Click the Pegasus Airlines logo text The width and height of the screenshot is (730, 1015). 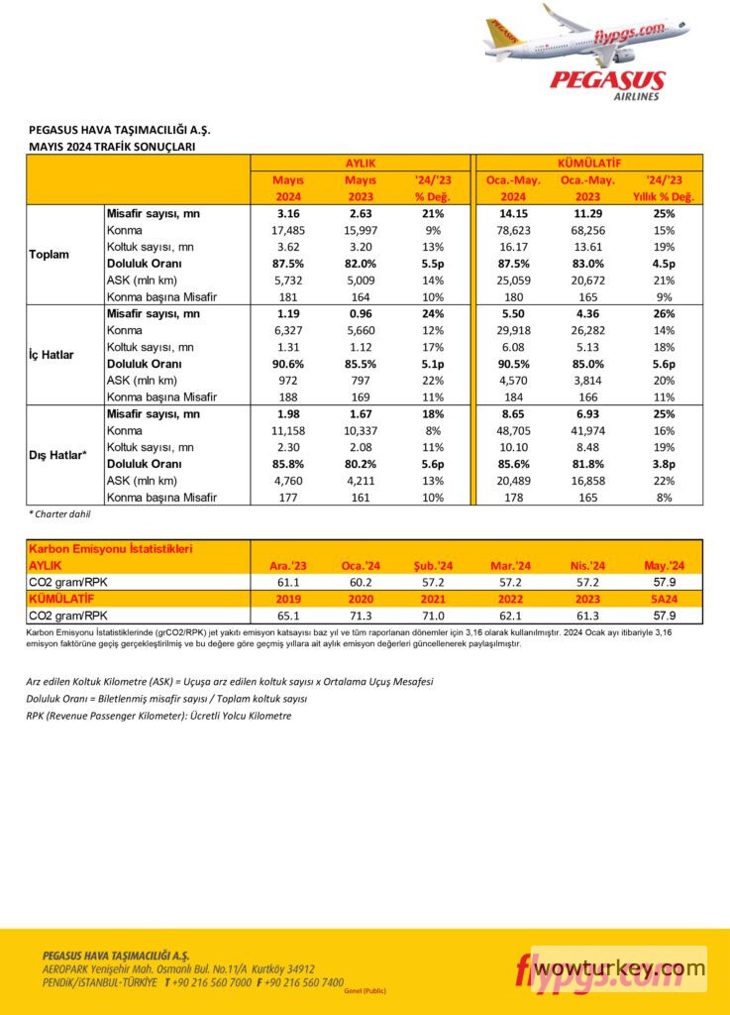coord(607,83)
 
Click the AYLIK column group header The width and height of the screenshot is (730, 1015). coord(360,162)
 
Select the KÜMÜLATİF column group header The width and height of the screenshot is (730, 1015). coord(590,162)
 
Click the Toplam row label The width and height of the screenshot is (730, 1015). coord(50,255)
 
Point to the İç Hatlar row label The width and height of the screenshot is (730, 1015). coord(52,355)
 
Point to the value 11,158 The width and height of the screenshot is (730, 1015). coord(287,430)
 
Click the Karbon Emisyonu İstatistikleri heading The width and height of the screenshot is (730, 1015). coord(111,548)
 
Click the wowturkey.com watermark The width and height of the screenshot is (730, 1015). coord(619,966)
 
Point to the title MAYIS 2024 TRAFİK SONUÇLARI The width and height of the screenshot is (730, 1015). coord(112,146)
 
